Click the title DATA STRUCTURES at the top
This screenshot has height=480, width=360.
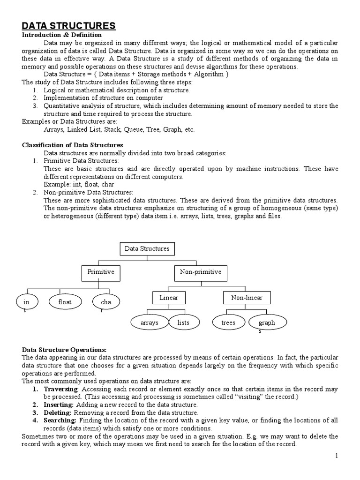[x=69, y=25]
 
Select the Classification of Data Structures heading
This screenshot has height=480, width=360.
[x=73, y=145]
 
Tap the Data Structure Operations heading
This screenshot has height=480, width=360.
[x=65, y=350]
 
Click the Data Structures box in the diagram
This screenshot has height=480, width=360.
[x=147, y=249]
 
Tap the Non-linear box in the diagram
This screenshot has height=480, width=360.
[x=247, y=298]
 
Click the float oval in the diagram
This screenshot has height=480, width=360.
[x=65, y=302]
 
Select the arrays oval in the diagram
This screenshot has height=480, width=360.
[x=150, y=322]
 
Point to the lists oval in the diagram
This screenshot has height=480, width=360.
[x=183, y=322]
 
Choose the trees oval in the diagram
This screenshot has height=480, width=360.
[x=228, y=322]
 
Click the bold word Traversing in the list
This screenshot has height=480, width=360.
[x=60, y=390]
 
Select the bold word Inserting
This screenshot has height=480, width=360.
[x=59, y=405]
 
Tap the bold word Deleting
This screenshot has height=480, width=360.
[x=58, y=412]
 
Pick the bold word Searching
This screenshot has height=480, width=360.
[x=60, y=420]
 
